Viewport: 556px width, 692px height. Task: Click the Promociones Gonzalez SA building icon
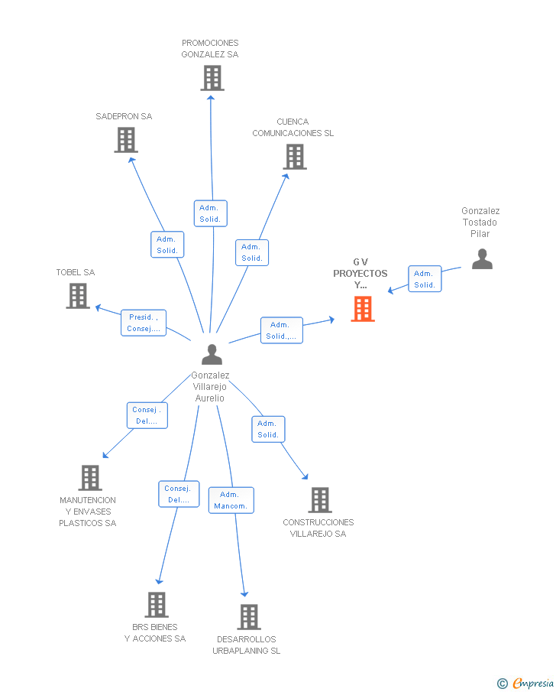[212, 78]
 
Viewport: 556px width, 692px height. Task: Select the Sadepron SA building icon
[126, 140]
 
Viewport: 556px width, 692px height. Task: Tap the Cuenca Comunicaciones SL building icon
[295, 157]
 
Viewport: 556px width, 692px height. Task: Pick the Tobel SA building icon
[78, 296]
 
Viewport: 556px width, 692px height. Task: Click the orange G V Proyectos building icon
[363, 309]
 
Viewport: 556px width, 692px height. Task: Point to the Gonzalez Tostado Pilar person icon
[482, 259]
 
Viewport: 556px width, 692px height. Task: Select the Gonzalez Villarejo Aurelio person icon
[212, 354]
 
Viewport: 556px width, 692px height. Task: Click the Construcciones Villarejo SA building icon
[319, 500]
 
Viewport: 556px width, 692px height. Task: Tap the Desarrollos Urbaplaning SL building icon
[248, 617]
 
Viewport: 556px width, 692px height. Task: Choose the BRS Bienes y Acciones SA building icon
[157, 605]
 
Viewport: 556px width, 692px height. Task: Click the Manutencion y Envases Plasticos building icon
[90, 478]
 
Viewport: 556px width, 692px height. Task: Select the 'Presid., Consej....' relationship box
[144, 323]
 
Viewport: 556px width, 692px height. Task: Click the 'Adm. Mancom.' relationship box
[231, 500]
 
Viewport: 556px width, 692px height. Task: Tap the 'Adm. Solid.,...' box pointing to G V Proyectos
[281, 330]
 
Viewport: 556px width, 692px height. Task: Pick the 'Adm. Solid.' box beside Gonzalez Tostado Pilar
[424, 279]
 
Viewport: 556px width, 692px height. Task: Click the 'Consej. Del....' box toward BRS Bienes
[178, 494]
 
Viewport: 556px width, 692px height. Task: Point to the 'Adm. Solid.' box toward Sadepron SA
[167, 245]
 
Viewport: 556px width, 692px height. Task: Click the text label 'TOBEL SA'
[76, 272]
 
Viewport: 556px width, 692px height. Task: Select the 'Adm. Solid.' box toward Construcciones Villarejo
[268, 429]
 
